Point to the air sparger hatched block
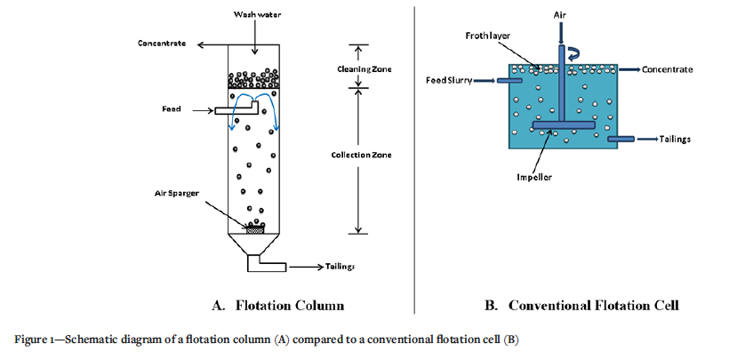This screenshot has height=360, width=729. pos(256,229)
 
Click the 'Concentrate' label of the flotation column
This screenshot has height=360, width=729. pos(163,44)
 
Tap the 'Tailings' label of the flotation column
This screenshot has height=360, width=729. pos(342,265)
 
